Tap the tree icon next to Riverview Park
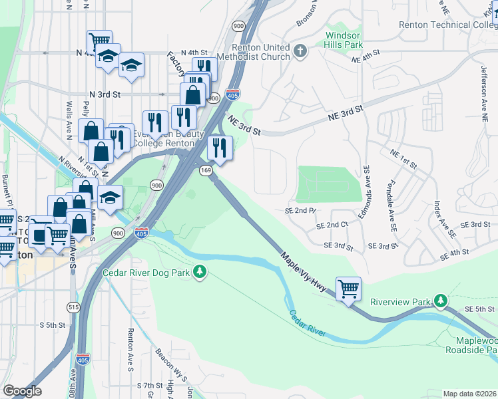click(440, 301)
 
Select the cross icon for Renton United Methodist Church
click(300, 50)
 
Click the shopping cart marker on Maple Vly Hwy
click(348, 289)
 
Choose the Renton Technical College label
click(447, 25)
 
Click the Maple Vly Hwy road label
click(307, 275)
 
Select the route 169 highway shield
click(205, 171)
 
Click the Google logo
click(22, 391)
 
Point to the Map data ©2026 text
click(469, 394)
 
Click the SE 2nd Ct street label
click(333, 225)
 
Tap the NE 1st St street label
click(403, 159)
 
